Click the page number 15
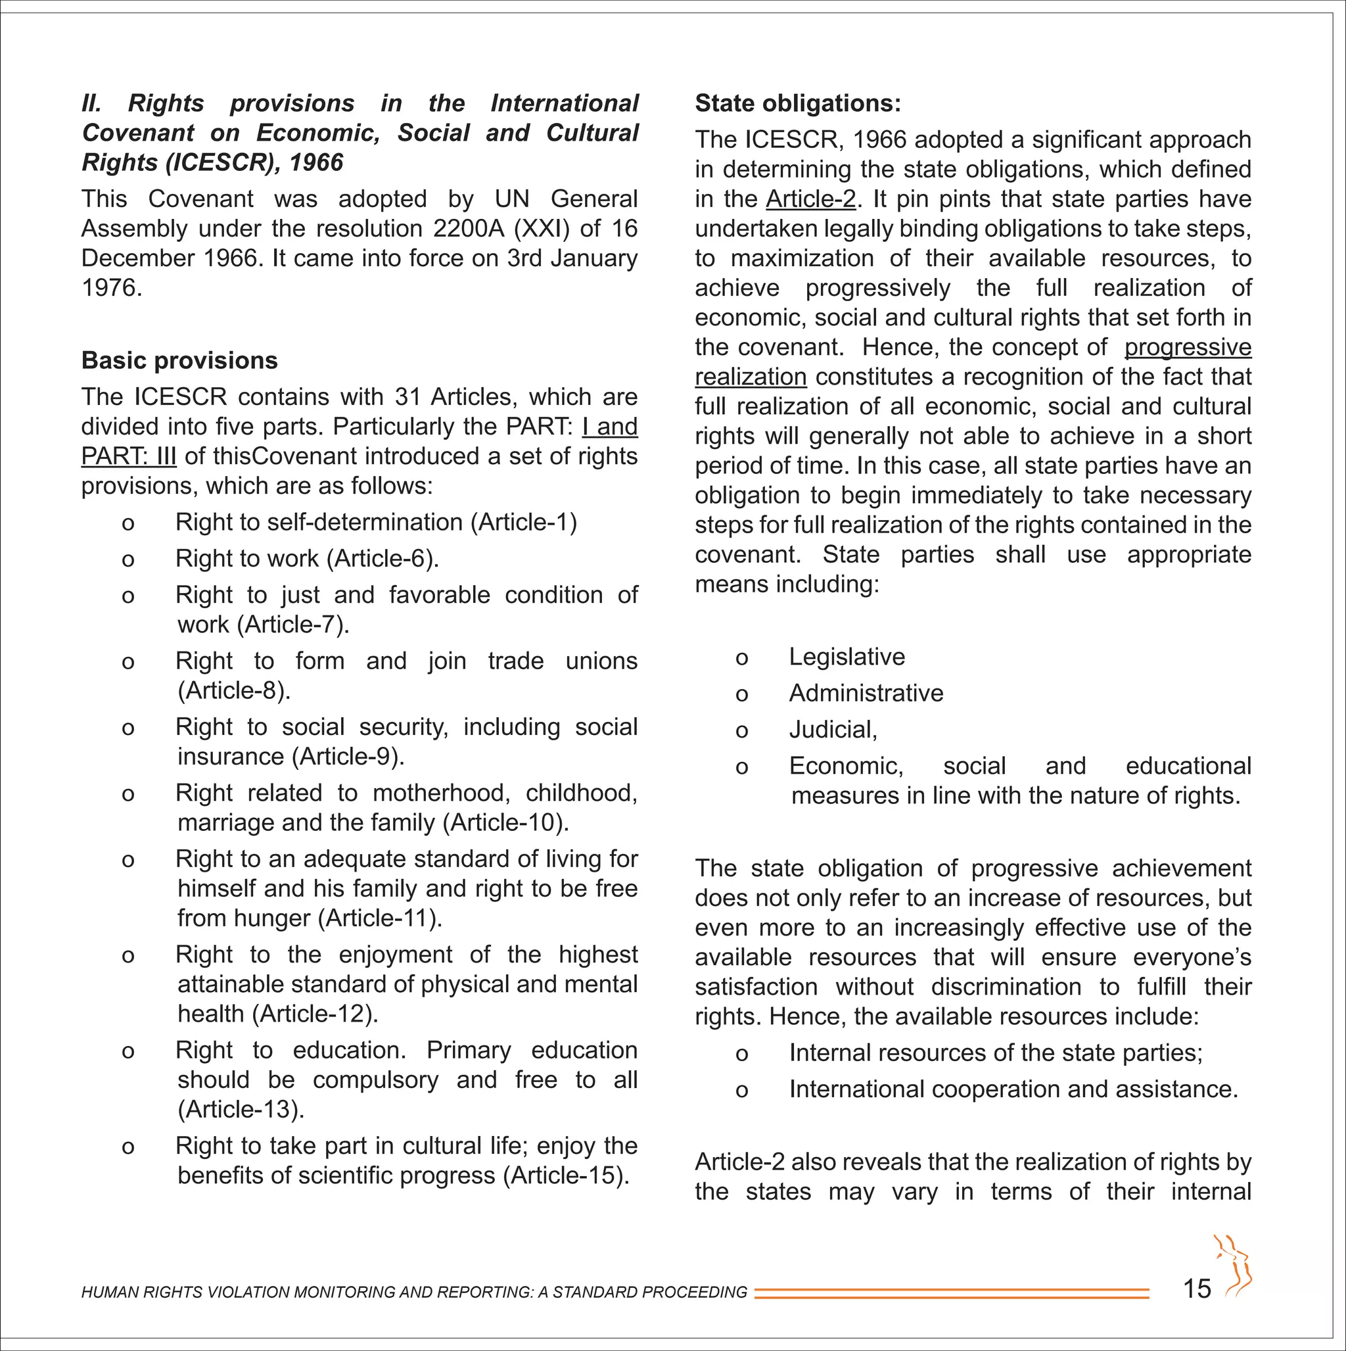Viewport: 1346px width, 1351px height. [1196, 1288]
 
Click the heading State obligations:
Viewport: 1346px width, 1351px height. [798, 103]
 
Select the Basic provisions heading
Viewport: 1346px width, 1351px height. [179, 360]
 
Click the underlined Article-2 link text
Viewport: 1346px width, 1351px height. [810, 199]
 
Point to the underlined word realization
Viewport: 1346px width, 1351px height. [751, 377]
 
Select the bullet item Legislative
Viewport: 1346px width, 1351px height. [847, 657]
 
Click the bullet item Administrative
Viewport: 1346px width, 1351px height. [866, 693]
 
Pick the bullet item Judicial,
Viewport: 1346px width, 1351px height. [833, 729]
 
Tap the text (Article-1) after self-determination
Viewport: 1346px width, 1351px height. [524, 523]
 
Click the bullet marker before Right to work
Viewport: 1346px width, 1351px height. [128, 560]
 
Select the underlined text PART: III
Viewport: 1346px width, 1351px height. [129, 457]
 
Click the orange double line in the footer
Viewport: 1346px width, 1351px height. [951, 1293]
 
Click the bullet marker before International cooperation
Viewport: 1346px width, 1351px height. [742, 1091]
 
